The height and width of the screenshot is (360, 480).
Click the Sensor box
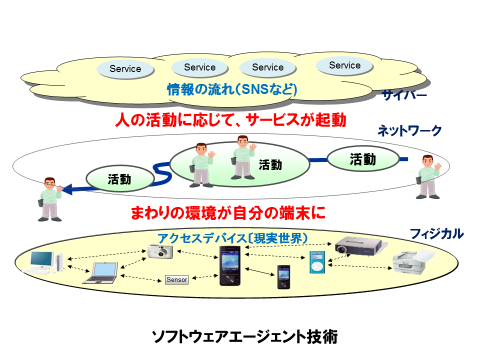tap(177, 279)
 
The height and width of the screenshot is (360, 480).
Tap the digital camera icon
tap(160, 251)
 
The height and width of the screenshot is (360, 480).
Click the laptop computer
tap(102, 272)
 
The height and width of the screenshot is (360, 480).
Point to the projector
tap(357, 245)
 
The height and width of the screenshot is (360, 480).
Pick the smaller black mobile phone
tap(284, 276)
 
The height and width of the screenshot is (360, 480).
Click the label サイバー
tap(404, 95)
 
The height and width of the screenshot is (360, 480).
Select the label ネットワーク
tap(409, 131)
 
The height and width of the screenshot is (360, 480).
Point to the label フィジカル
tap(436, 233)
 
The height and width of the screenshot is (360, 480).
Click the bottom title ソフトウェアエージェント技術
tap(244, 336)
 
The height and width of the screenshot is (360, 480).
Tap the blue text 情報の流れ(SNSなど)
tap(232, 90)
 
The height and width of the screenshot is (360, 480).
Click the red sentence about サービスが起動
tap(230, 120)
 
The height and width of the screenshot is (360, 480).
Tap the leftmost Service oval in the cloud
tap(125, 69)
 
